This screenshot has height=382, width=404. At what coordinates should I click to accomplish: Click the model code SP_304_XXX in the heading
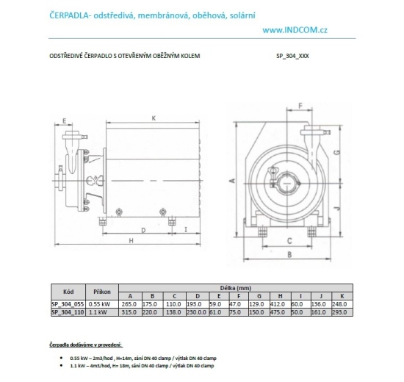(292, 55)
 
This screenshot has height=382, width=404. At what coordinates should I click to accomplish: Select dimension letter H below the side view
(129, 241)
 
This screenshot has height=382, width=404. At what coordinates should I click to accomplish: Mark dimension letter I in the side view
(185, 230)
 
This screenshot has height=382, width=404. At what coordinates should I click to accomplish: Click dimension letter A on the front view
(231, 179)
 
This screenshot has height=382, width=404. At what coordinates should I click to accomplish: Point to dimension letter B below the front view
(289, 255)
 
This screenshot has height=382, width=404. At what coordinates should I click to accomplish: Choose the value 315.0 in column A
(129, 311)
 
